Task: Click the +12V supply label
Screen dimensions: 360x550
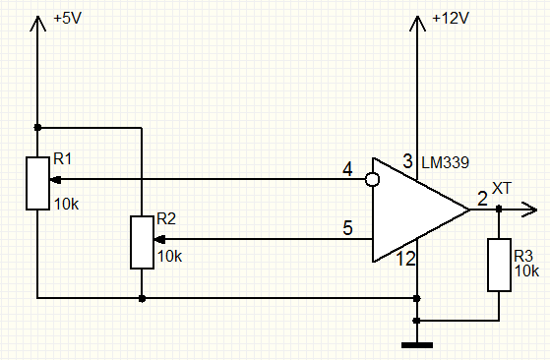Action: (x=451, y=20)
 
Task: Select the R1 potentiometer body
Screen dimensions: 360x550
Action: (x=36, y=182)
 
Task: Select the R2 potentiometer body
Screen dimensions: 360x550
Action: (x=142, y=242)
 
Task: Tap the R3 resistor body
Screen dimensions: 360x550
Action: (x=498, y=264)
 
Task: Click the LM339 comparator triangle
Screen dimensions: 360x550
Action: (x=413, y=210)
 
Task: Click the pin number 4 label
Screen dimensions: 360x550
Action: (x=347, y=170)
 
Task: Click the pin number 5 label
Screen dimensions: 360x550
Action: (x=347, y=229)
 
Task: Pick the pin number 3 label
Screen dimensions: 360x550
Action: (x=407, y=160)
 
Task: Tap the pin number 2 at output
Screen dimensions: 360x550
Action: (x=481, y=198)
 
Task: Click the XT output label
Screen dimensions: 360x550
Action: (x=502, y=187)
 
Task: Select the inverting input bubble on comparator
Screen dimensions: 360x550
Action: (x=372, y=180)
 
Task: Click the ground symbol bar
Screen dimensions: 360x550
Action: (x=418, y=344)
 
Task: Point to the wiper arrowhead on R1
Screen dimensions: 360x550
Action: (x=55, y=180)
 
